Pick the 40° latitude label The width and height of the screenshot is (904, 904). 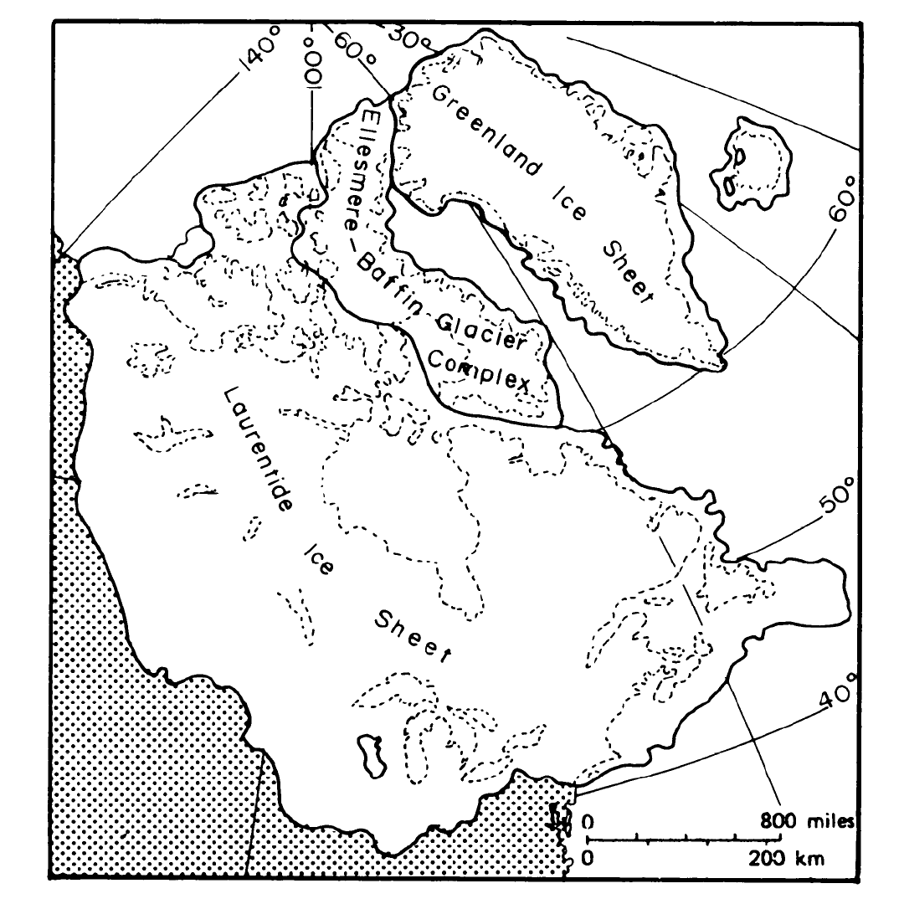coord(840,690)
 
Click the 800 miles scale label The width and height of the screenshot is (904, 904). coord(808,821)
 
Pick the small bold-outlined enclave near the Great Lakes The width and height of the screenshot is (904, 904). coord(369,754)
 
